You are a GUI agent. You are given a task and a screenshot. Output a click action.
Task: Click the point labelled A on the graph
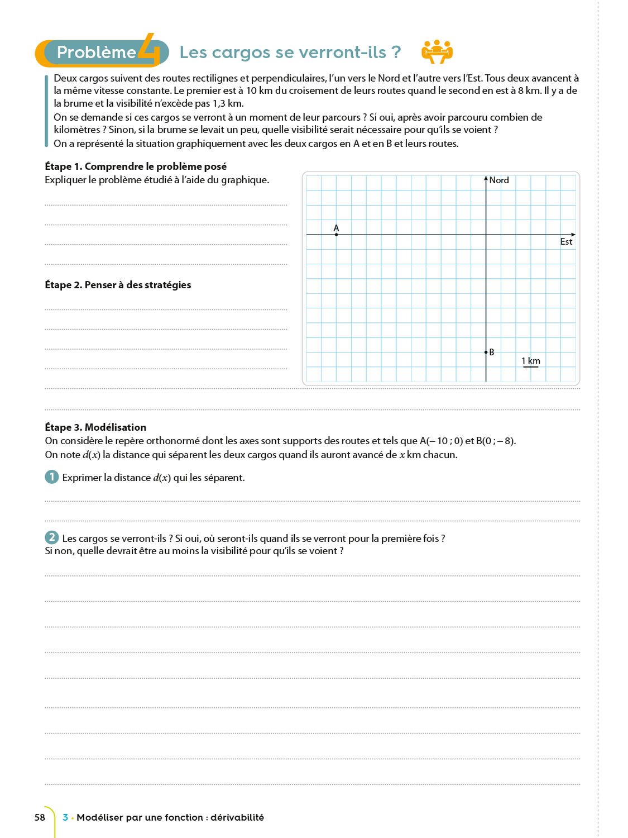coord(336,235)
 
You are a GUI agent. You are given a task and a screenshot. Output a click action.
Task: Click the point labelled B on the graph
coord(486,352)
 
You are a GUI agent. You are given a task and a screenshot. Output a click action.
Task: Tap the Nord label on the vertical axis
coord(499,180)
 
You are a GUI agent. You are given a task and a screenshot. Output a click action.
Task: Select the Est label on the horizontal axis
coord(566,241)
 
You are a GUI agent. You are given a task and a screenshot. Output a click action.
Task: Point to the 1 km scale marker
coord(531,361)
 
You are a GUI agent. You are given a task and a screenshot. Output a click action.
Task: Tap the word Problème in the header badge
coord(97,53)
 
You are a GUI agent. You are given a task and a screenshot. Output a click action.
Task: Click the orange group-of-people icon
coord(437,51)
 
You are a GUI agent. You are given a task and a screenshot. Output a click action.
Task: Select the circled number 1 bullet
coord(51,477)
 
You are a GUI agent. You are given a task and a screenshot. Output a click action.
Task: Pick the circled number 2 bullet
coord(51,537)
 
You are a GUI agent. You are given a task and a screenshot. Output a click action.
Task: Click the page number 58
coord(40,817)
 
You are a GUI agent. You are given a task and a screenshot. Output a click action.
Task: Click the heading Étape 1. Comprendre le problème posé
coord(136,166)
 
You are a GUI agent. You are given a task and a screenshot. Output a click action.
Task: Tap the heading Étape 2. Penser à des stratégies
coord(118,285)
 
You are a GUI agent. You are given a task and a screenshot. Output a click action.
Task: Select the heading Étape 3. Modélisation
coord(95,427)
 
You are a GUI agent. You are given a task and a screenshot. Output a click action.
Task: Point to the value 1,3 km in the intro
coord(228,103)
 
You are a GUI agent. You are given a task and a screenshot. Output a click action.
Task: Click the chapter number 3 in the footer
coord(65,817)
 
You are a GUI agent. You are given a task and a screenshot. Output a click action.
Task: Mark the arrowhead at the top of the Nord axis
coord(486,178)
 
